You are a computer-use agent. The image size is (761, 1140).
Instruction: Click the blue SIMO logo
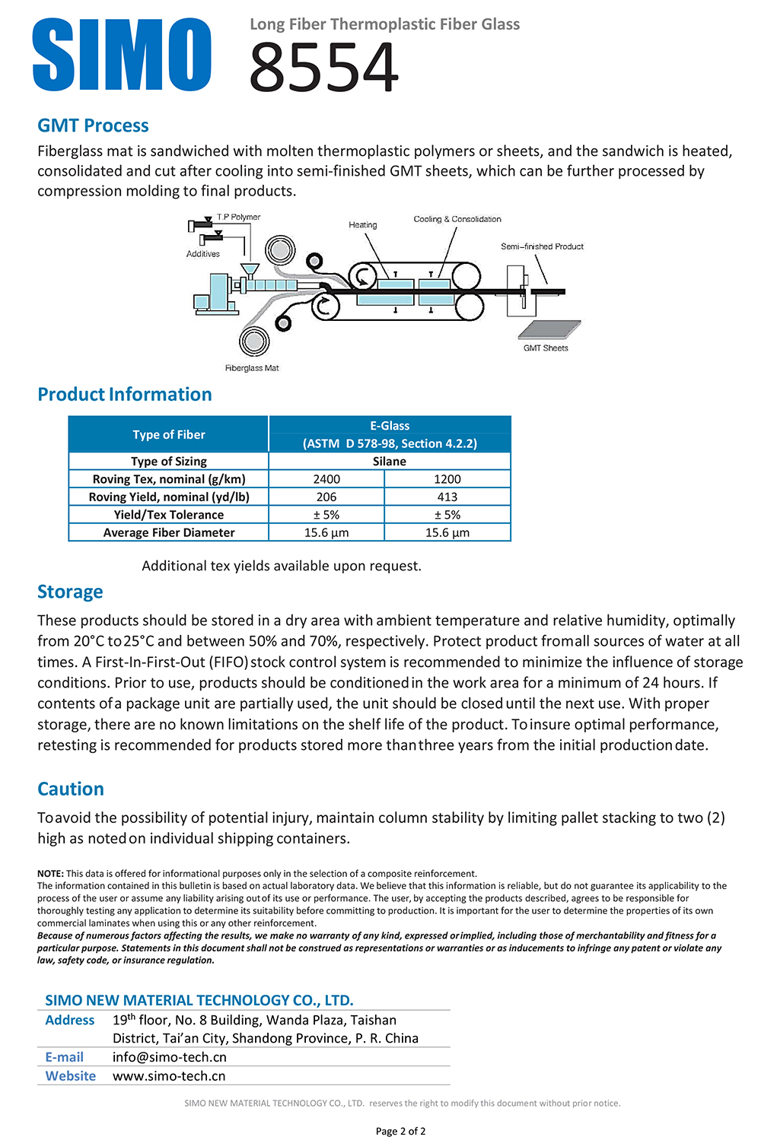pyautogui.click(x=122, y=55)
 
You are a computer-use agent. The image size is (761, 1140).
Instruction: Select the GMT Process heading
pyautogui.click(x=93, y=125)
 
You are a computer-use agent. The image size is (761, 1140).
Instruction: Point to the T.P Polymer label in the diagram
pyautogui.click(x=238, y=218)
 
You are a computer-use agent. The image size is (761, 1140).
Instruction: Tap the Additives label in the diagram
pyautogui.click(x=203, y=254)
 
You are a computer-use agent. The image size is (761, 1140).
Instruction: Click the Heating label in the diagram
pyautogui.click(x=363, y=225)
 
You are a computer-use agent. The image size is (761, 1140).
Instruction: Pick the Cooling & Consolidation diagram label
pyautogui.click(x=457, y=219)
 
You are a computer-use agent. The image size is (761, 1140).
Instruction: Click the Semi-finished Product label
pyautogui.click(x=542, y=246)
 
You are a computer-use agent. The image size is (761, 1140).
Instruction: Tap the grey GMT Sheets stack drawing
pyautogui.click(x=549, y=329)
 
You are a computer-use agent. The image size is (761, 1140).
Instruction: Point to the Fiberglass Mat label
pyautogui.click(x=252, y=368)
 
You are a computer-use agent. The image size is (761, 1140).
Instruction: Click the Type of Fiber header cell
pyautogui.click(x=169, y=434)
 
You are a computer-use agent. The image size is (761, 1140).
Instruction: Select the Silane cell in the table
pyautogui.click(x=389, y=462)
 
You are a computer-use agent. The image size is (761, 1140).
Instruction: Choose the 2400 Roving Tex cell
pyautogui.click(x=326, y=479)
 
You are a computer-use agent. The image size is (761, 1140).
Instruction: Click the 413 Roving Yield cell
pyautogui.click(x=447, y=497)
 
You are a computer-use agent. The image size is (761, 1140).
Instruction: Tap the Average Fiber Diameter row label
pyautogui.click(x=169, y=532)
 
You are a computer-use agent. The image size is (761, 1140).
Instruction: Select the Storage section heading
pyautogui.click(x=70, y=592)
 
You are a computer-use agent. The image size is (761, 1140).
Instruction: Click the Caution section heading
pyautogui.click(x=71, y=789)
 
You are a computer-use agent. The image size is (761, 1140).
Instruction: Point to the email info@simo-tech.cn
pyautogui.click(x=170, y=1057)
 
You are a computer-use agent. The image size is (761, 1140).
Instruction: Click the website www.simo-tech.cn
pyautogui.click(x=169, y=1076)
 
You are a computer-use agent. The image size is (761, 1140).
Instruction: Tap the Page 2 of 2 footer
pyautogui.click(x=400, y=1131)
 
